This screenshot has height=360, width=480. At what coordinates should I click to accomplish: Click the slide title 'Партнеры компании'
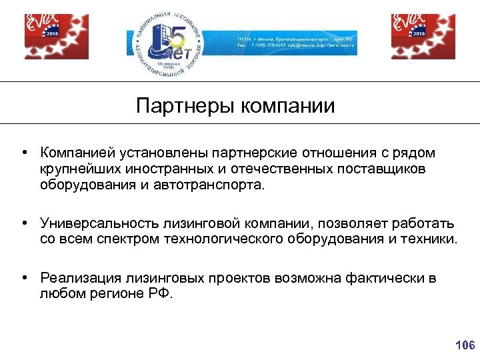point(235,106)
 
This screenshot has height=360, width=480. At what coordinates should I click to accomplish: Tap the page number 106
point(464,345)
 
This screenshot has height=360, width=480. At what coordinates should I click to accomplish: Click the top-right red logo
point(423,37)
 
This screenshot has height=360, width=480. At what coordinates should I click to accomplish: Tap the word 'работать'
point(424,223)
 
